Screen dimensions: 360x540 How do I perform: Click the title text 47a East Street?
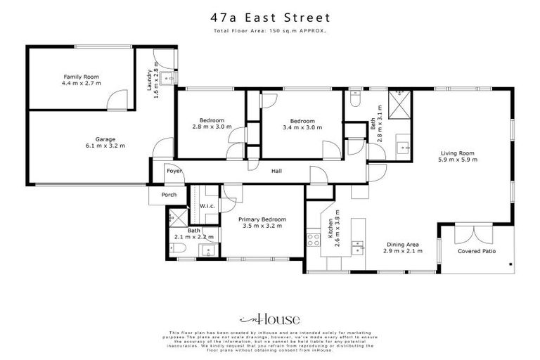(x=270, y=16)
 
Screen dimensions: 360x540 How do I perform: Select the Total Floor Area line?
(x=270, y=31)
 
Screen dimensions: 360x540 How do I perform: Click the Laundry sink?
(x=166, y=77)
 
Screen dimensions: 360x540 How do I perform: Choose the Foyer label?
(x=174, y=171)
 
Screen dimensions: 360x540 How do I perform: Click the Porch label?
(x=169, y=195)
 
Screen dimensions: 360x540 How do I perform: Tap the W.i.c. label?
(x=207, y=206)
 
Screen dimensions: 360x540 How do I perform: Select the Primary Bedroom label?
(x=262, y=219)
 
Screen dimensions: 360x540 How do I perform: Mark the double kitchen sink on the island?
(x=358, y=247)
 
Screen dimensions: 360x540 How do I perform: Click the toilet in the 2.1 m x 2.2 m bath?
(x=179, y=249)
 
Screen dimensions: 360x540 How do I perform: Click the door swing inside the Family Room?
(x=117, y=99)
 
